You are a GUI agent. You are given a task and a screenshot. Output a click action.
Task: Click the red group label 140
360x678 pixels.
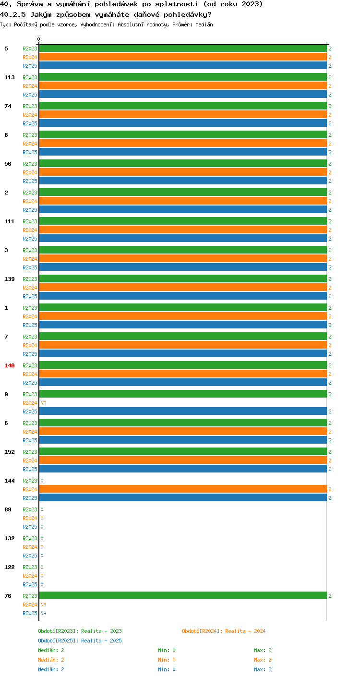(x=10, y=365)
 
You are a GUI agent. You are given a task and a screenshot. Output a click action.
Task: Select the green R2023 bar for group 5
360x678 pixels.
(x=183, y=48)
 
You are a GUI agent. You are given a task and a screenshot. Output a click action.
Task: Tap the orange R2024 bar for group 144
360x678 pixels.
(x=183, y=489)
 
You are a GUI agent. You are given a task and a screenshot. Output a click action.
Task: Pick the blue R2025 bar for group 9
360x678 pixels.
(x=183, y=412)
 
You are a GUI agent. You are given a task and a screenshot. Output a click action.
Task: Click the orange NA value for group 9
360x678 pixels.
(x=43, y=403)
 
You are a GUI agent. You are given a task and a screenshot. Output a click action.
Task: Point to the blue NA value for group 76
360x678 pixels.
(x=43, y=613)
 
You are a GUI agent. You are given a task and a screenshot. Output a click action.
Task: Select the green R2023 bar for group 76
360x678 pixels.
(x=183, y=596)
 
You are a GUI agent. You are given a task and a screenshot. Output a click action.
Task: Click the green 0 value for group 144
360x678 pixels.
(x=42, y=481)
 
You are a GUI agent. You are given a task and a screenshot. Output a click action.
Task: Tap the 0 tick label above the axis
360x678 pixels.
(x=38, y=39)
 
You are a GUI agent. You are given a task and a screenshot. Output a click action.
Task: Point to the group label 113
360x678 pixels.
(x=10, y=77)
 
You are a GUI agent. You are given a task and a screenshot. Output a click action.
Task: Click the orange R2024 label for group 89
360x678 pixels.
(x=30, y=518)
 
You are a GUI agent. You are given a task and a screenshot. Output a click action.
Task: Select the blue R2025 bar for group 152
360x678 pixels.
(x=183, y=469)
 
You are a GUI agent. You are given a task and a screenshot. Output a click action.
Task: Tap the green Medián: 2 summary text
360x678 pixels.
(x=51, y=650)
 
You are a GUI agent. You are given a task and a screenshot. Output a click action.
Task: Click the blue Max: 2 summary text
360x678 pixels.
(x=263, y=669)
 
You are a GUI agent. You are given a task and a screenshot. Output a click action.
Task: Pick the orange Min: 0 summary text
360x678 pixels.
(x=167, y=660)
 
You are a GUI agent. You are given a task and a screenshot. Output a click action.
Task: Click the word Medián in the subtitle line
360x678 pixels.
(x=204, y=24)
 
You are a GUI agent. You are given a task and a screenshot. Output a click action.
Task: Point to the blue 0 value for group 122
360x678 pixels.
(x=42, y=584)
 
